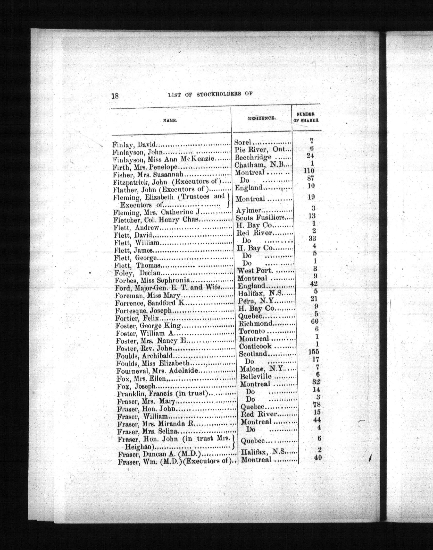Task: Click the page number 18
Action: (115, 96)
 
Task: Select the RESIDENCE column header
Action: (262, 119)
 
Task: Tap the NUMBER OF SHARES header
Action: (306, 117)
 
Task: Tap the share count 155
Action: (313, 351)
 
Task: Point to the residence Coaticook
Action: (255, 346)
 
